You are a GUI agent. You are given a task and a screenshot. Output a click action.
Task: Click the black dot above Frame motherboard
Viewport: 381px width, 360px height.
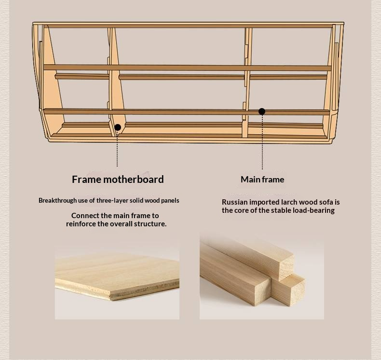(118, 127)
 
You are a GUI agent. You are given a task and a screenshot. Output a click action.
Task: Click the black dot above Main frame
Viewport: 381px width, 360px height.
(262, 111)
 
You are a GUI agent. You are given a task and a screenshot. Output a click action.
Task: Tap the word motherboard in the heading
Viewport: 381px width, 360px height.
(134, 180)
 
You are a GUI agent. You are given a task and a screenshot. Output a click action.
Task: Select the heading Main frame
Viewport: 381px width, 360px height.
(262, 180)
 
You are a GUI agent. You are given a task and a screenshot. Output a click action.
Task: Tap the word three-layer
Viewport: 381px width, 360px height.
(112, 201)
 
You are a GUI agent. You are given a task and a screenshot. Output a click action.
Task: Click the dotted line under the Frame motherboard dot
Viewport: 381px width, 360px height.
(117, 149)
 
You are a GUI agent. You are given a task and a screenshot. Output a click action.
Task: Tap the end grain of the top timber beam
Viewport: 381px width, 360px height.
(286, 267)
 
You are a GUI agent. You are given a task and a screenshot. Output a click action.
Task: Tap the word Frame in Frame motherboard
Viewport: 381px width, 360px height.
(86, 180)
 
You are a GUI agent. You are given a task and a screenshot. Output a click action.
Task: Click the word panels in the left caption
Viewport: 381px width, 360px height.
(170, 201)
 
